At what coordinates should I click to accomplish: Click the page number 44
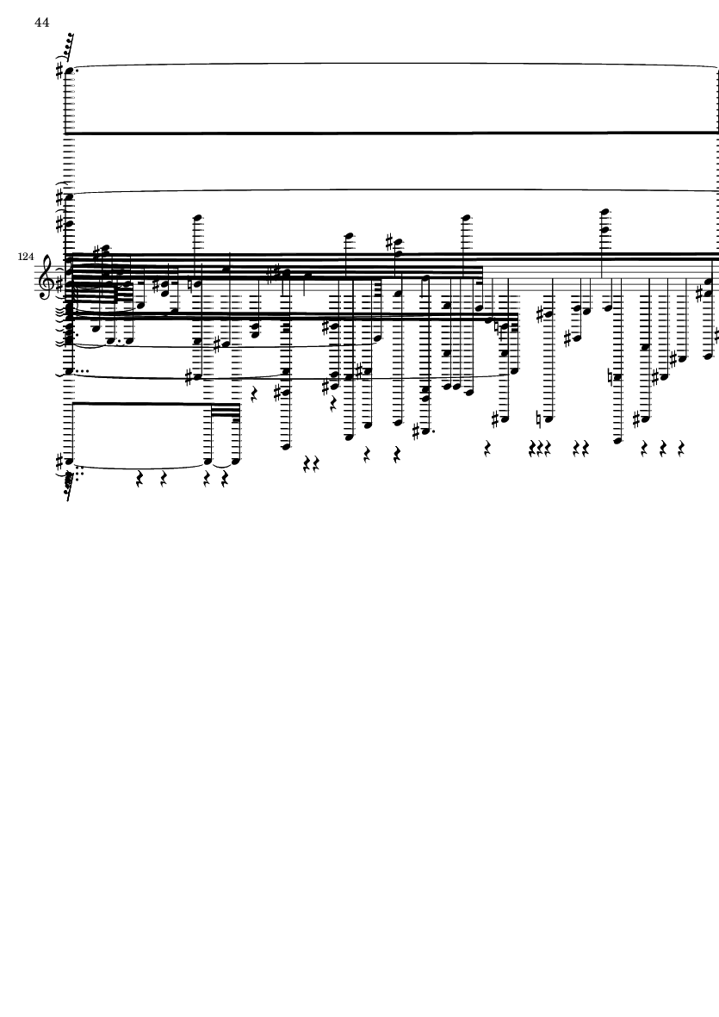point(41,22)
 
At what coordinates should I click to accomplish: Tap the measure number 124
point(26,257)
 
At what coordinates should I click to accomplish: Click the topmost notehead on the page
point(70,70)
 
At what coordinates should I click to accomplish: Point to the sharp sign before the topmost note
point(59,70)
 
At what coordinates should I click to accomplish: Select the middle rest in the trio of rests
point(539,448)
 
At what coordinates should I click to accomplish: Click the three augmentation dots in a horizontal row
point(82,371)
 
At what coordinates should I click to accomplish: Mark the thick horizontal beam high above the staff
point(394,133)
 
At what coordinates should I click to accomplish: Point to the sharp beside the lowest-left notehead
point(59,462)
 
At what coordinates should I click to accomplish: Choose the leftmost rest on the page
point(140,481)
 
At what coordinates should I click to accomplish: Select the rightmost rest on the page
point(681,448)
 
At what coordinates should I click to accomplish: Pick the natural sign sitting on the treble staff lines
point(189,283)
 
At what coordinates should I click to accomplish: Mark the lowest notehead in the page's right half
point(617,440)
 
